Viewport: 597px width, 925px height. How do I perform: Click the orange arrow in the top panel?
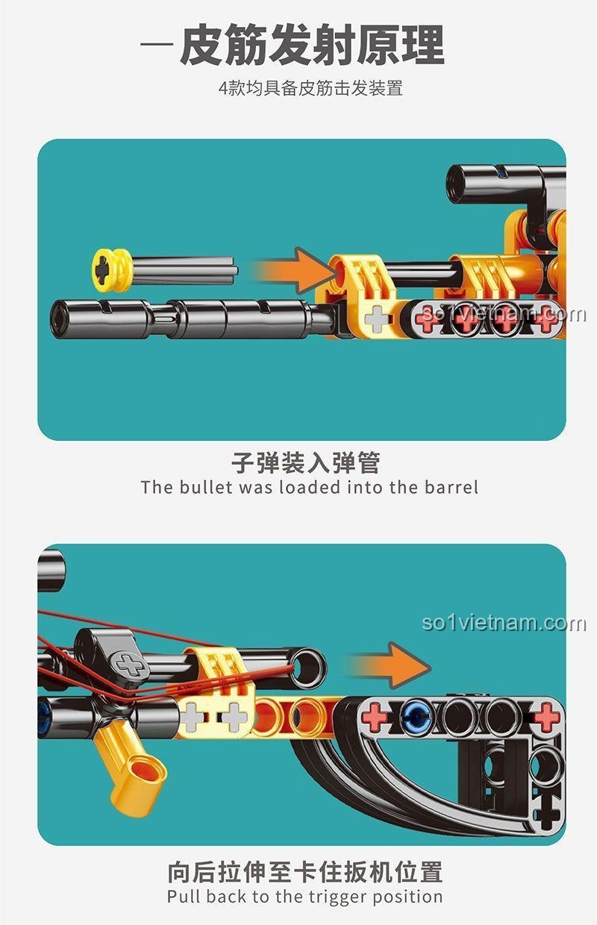[294, 271]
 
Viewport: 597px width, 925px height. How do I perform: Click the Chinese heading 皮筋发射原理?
[312, 45]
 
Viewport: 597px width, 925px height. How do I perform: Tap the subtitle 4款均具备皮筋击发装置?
[310, 88]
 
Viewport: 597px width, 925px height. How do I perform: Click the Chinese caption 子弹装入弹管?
[306, 463]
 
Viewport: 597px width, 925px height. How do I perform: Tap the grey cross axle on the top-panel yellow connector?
[377, 319]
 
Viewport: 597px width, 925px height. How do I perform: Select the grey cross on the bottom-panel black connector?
[130, 665]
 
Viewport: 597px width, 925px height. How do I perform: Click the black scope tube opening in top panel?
[459, 184]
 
